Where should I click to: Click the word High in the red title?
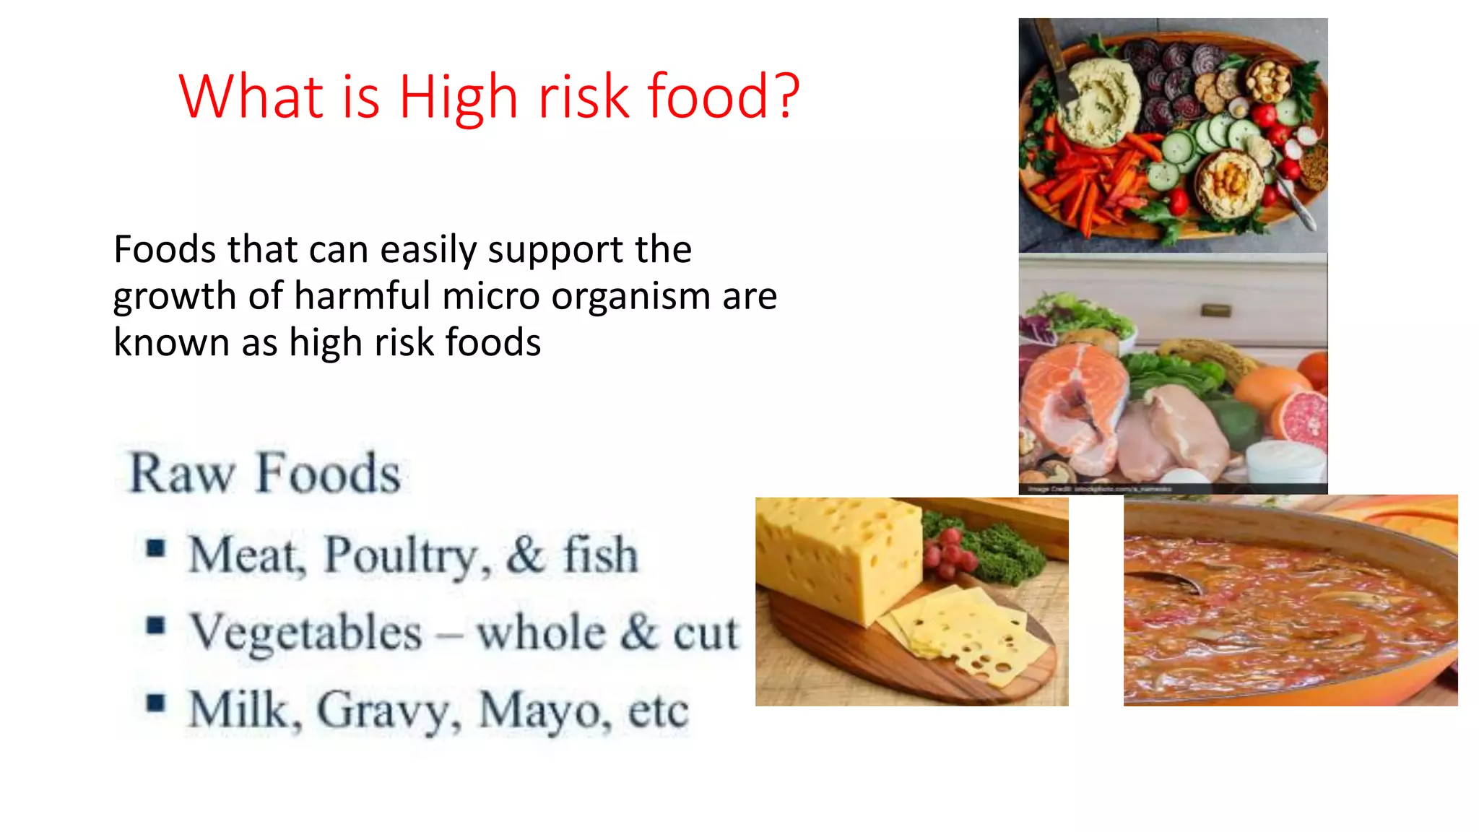458,97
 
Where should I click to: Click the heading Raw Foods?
264,474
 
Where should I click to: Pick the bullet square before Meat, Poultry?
155,549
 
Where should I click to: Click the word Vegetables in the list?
305,633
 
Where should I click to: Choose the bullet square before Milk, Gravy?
155,703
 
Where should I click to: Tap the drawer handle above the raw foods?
1215,311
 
